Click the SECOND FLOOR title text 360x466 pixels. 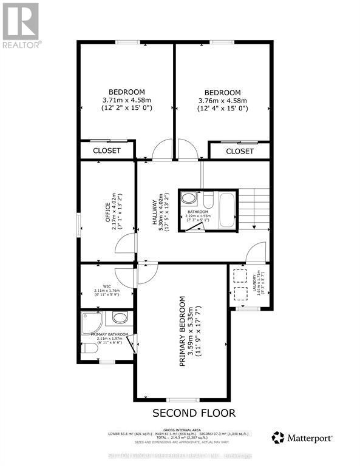pos(194,413)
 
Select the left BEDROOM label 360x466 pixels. pos(127,92)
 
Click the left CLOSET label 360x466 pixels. pos(107,150)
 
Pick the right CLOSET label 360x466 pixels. pos(240,151)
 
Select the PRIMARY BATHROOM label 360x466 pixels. pos(109,334)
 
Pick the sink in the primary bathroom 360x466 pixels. pos(119,318)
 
